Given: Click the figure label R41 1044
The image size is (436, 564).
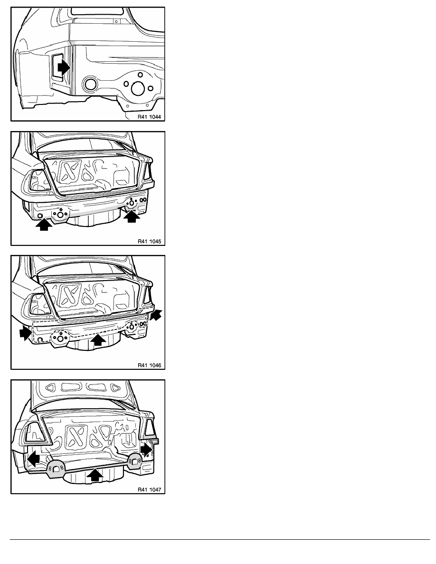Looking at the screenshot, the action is pyautogui.click(x=149, y=116).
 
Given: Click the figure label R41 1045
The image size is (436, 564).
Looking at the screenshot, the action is pyautogui.click(x=149, y=241).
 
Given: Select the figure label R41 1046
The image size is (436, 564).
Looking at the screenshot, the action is pyautogui.click(x=149, y=365).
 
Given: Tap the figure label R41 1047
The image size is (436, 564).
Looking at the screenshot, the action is pyautogui.click(x=149, y=489).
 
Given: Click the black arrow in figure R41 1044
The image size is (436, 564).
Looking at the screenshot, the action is pyautogui.click(x=64, y=67).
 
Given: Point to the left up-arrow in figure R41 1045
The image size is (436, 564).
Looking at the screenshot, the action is pyautogui.click(x=44, y=225).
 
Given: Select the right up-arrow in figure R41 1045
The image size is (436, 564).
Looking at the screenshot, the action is pyautogui.click(x=132, y=216).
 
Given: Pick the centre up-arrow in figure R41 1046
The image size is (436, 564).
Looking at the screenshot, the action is pyautogui.click(x=98, y=340).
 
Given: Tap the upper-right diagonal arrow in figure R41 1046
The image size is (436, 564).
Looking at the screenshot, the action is pyautogui.click(x=156, y=315).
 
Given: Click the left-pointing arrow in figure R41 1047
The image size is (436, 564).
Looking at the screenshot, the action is pyautogui.click(x=33, y=459).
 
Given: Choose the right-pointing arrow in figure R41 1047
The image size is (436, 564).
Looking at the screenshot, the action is pyautogui.click(x=146, y=449).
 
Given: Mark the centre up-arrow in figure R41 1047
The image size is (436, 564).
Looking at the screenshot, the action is pyautogui.click(x=95, y=475).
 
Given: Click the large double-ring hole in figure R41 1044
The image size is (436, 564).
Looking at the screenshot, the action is pyautogui.click(x=90, y=84).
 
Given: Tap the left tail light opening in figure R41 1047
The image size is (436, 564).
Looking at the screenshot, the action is pyautogui.click(x=36, y=432).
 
